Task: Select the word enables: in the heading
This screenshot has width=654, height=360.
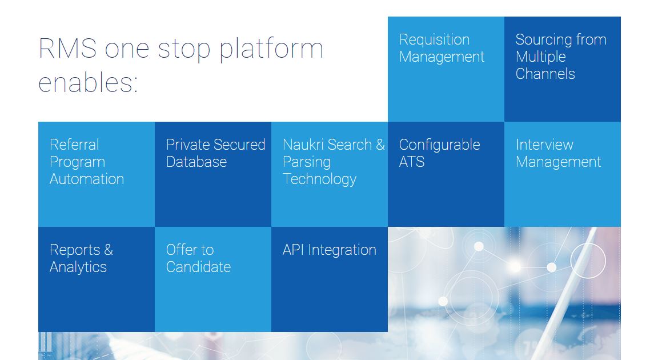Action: pos(88,82)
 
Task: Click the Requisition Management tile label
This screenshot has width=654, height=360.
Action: pos(442,48)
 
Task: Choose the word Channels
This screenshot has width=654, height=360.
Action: pos(545,74)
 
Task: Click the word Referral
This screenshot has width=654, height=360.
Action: pos(74,145)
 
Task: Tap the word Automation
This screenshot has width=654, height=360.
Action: pos(87,179)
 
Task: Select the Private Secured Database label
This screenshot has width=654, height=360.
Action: pos(215,153)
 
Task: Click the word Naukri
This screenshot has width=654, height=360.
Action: pos(302,145)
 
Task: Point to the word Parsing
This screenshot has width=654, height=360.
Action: pos(306,162)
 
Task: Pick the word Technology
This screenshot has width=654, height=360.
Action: pos(319,179)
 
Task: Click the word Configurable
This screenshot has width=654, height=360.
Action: pos(439,145)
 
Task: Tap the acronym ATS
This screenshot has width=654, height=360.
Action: pos(412,162)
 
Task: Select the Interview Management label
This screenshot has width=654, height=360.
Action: pos(558,153)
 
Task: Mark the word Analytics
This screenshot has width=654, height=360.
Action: pos(78,267)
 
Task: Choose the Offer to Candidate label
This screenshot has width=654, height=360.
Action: pos(198,258)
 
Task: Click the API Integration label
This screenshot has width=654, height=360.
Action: pos(329,250)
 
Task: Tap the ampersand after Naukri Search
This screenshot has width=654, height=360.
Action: pos(380,145)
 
